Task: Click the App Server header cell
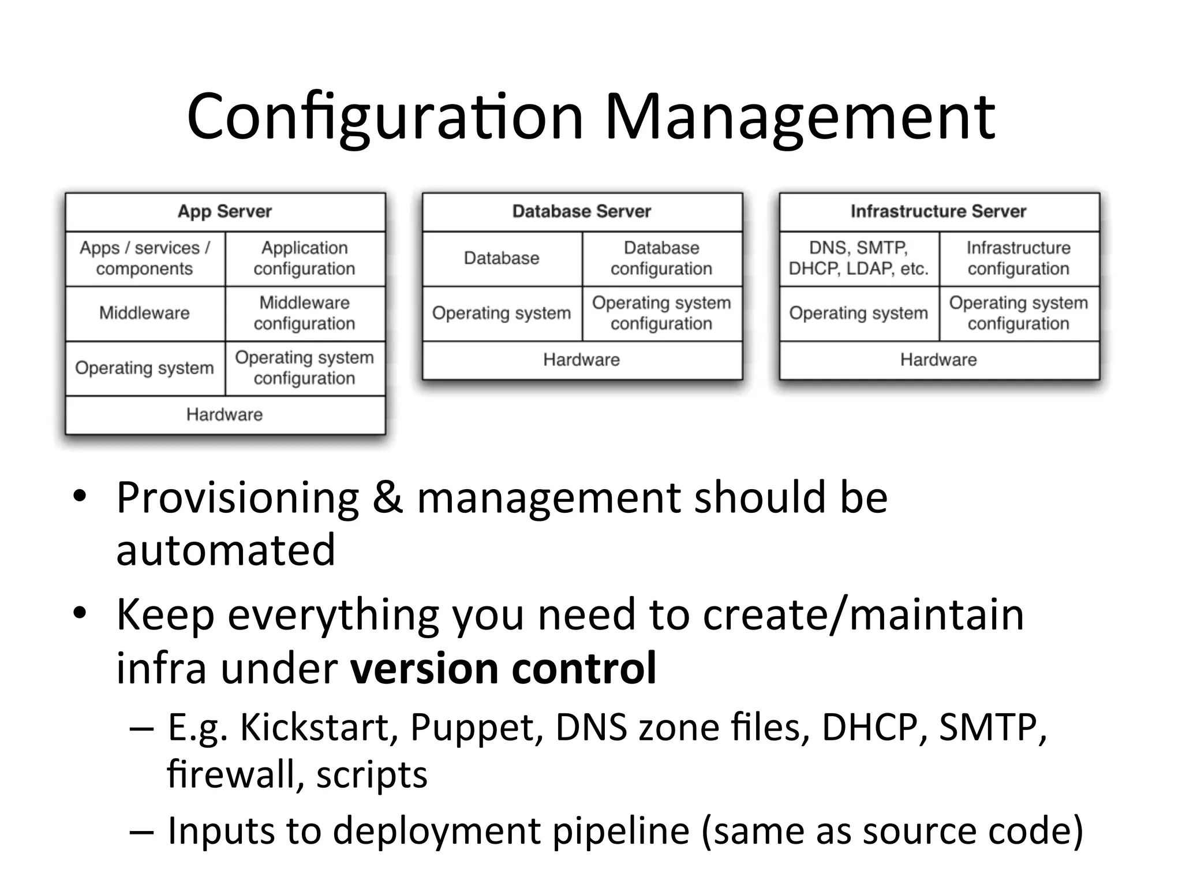(x=225, y=211)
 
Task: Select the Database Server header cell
(x=582, y=211)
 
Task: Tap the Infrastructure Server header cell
(x=938, y=211)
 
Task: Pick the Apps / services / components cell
(x=145, y=258)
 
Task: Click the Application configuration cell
(x=305, y=258)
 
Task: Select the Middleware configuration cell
(x=305, y=313)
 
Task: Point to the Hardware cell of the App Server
(x=225, y=415)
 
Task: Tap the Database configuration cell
(x=661, y=258)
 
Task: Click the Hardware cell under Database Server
(x=582, y=360)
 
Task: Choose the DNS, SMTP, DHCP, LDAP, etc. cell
(x=859, y=258)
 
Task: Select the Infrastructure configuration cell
(x=1019, y=258)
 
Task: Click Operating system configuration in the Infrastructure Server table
(x=1019, y=313)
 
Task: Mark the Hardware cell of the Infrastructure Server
(x=938, y=360)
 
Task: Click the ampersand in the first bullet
(x=387, y=498)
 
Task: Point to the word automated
(x=226, y=550)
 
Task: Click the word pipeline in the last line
(x=621, y=832)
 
